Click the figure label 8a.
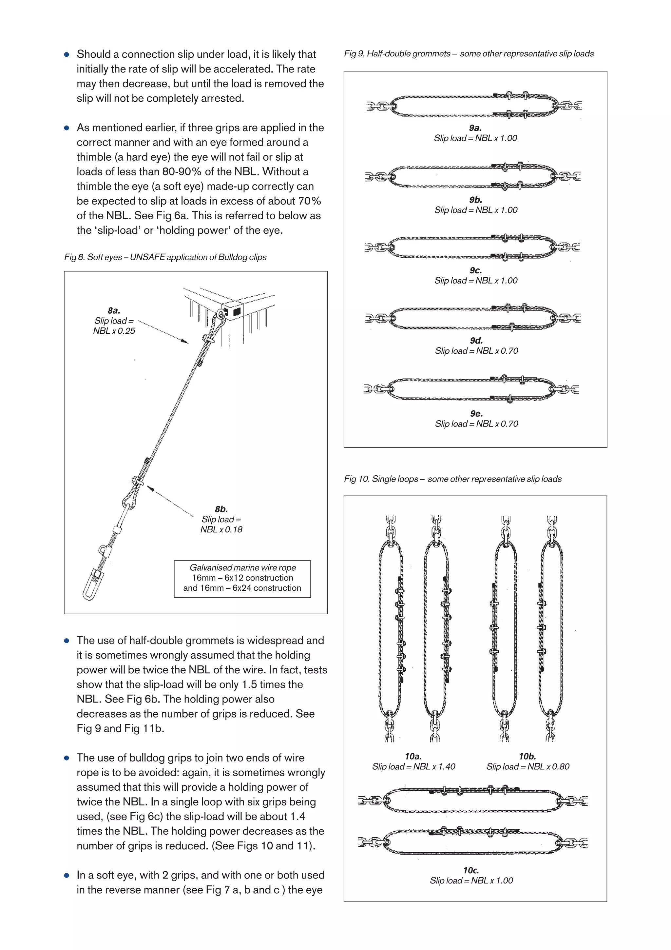click(x=114, y=310)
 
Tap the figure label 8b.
click(x=221, y=509)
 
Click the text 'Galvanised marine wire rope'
click(x=243, y=568)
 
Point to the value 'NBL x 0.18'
click(x=221, y=530)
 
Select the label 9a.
click(x=475, y=128)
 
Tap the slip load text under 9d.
click(x=476, y=351)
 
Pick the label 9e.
click(x=476, y=413)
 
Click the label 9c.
click(x=476, y=270)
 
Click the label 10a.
click(x=413, y=756)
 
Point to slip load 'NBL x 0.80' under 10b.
click(x=528, y=767)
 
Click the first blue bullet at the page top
click(x=67, y=55)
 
